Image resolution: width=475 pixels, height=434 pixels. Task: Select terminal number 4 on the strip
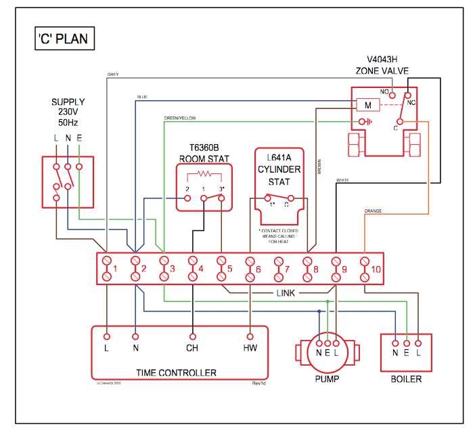[x=201, y=269]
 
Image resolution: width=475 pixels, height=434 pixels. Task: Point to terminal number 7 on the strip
[x=287, y=269]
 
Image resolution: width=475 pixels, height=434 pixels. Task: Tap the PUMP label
[x=327, y=378]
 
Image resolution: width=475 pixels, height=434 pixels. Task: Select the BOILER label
[x=406, y=378]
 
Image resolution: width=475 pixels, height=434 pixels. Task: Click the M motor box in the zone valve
[x=367, y=106]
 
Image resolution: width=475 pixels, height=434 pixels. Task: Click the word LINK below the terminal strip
[x=286, y=293]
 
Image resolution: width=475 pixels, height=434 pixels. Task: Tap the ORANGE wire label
[x=373, y=211]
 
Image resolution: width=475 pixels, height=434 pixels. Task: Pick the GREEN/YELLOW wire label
[x=179, y=118]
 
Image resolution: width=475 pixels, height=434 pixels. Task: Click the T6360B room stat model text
[x=204, y=147]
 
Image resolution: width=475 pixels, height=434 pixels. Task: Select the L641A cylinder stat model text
[x=279, y=157]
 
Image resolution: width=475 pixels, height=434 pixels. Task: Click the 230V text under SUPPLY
[x=68, y=113]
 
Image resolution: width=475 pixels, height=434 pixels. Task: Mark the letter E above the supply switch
[x=80, y=138]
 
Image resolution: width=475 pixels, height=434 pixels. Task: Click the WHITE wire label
[x=342, y=180]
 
